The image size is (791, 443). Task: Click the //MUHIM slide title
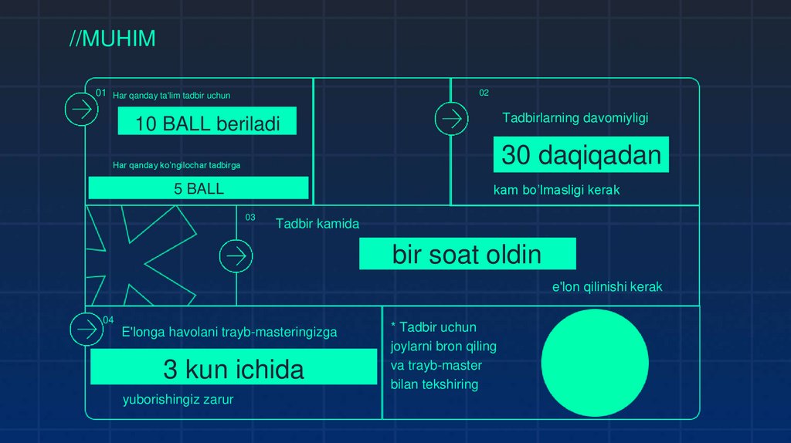tap(112, 39)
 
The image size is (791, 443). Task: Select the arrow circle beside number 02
tap(451, 119)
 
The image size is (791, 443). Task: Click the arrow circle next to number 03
tap(236, 255)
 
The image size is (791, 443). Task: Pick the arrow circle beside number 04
tap(87, 330)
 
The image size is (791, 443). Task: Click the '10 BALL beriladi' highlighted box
tap(207, 122)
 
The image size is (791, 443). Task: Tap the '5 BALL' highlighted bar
tap(199, 188)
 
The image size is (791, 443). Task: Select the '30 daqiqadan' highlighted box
tap(581, 155)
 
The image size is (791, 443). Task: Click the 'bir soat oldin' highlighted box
tap(467, 254)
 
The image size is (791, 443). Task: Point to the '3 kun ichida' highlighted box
tap(233, 368)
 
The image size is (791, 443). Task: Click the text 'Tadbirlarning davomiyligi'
tap(575, 118)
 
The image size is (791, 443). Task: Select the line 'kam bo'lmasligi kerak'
tap(556, 190)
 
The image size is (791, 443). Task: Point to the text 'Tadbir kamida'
tap(317, 224)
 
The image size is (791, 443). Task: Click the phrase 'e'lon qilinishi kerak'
tap(606, 287)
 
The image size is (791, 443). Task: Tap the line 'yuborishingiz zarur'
tap(178, 399)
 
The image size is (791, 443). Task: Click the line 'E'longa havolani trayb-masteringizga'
tap(229, 333)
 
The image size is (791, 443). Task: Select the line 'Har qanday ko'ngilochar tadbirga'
tap(182, 164)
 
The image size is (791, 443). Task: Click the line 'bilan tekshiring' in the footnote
tap(434, 384)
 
